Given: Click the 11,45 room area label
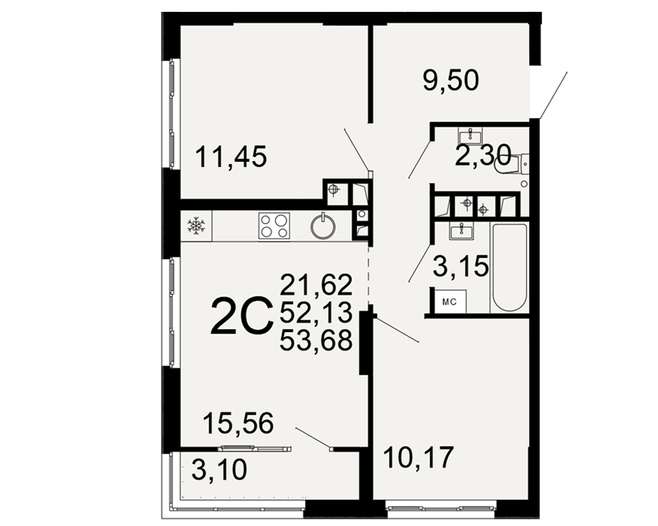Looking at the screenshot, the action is tap(231, 156).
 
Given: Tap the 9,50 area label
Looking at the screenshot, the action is tap(451, 80).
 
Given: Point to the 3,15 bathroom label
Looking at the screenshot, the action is tap(461, 266).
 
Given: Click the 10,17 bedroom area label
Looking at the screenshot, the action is tap(418, 457).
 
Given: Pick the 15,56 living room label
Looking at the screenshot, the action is tap(238, 423).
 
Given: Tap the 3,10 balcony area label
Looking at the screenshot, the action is tap(220, 469).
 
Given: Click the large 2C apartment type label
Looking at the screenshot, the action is tap(240, 316).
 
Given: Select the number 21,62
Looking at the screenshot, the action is tap(316, 285).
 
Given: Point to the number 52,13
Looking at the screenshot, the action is tap(316, 312).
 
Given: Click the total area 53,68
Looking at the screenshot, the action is tap(316, 340).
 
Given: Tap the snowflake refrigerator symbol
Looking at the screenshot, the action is tap(196, 226).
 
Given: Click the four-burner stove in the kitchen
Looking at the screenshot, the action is tap(274, 226).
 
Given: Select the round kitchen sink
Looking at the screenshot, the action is tap(323, 226).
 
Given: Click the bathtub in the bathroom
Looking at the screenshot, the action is tap(509, 268).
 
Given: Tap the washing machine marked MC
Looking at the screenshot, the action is tap(450, 300).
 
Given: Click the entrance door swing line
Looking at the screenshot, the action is tap(554, 95).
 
